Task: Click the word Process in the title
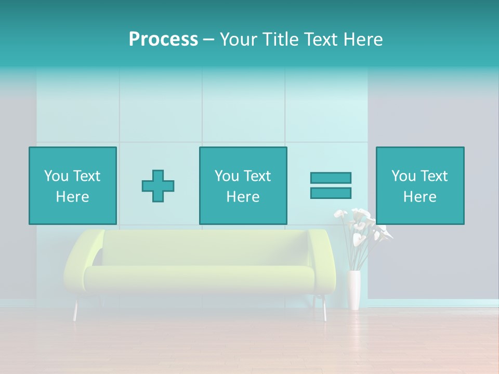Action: pos(163,39)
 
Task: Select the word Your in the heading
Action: pos(240,39)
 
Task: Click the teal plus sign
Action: pos(158,185)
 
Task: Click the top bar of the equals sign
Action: pos(331,178)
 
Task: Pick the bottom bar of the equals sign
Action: pos(331,193)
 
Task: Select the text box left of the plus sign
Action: pos(72,185)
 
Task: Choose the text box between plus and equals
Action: pos(243,185)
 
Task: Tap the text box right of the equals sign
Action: pos(419,185)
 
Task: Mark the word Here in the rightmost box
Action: pos(419,197)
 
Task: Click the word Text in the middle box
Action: pos(257,176)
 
